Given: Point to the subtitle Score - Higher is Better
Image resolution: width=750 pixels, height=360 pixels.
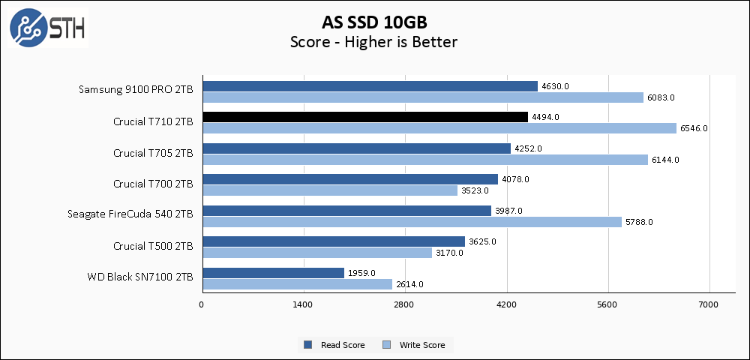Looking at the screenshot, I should coord(373,42).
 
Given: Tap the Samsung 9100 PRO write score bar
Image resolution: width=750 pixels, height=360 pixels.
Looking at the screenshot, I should coord(423,97).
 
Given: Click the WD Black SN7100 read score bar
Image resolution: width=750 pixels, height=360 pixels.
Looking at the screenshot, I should coord(273,273).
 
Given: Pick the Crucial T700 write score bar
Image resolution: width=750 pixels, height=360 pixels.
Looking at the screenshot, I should coord(330,190).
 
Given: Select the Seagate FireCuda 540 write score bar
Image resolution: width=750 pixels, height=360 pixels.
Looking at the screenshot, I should coord(412,222).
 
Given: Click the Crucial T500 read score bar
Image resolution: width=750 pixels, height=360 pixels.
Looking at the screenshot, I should coord(334,241).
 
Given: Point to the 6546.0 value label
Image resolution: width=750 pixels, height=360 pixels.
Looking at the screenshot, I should coord(694,128).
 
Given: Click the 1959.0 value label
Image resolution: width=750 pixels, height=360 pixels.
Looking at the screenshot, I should coord(361,273).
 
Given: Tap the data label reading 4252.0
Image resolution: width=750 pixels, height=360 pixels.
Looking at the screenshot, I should coord(528,148).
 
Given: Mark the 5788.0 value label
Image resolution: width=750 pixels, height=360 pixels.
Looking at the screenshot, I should coord(640,222).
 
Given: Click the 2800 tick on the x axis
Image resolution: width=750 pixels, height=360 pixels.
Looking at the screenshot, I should coord(404,304).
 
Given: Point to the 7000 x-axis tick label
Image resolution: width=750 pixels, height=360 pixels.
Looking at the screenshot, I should coord(709,304).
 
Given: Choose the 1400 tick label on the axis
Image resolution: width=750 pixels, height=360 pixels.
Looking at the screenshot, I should coord(302,304).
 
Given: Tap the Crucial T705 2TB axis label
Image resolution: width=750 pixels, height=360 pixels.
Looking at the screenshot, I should coord(153,153).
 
